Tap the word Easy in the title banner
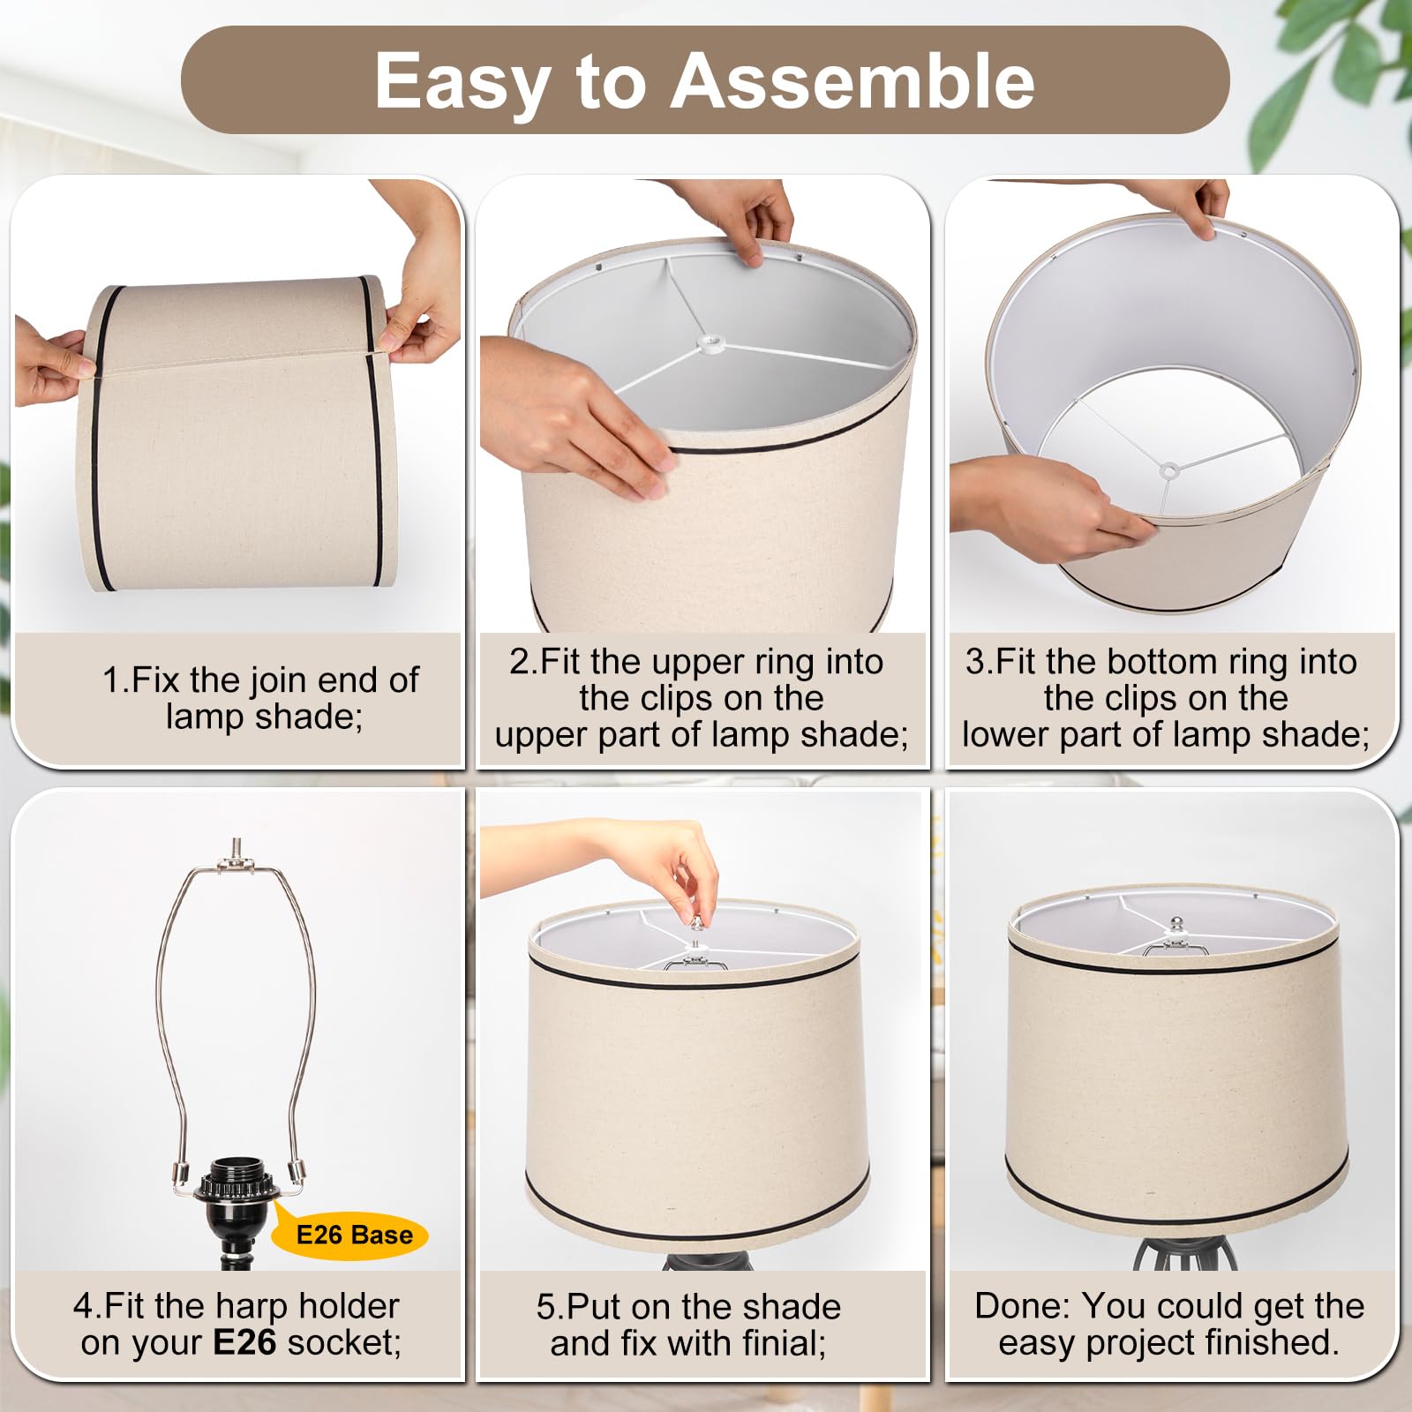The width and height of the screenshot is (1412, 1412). click(x=462, y=82)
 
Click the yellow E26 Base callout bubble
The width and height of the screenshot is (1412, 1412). click(x=353, y=1234)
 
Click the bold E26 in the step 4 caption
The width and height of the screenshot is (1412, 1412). click(x=244, y=1342)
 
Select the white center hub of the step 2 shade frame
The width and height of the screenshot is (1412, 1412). click(x=708, y=341)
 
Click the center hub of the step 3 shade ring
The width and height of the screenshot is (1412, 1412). click(x=1169, y=470)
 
